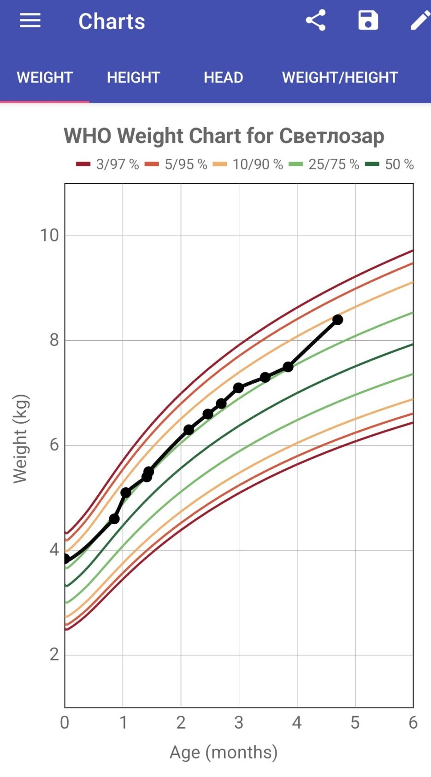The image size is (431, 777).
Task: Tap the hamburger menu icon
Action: [x=30, y=21]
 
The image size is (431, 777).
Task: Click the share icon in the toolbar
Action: [x=316, y=21]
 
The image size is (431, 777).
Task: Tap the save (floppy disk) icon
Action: [x=368, y=21]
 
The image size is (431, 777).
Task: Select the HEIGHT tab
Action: [x=133, y=77]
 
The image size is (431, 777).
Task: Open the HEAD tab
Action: [x=223, y=77]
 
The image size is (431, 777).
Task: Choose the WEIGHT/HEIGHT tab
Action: [x=340, y=77]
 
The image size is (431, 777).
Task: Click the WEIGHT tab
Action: [x=45, y=77]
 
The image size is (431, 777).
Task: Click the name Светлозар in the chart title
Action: [x=331, y=136]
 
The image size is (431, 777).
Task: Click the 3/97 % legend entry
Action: [x=108, y=164]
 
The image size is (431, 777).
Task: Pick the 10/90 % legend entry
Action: [x=248, y=164]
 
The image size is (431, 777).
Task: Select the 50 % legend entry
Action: [x=390, y=164]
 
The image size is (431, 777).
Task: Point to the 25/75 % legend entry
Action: [x=324, y=164]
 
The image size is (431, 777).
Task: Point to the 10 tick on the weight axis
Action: [x=49, y=235]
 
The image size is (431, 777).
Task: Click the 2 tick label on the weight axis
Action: [x=54, y=654]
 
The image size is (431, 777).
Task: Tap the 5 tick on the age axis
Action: [x=355, y=723]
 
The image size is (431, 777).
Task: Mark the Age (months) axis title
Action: [x=224, y=752]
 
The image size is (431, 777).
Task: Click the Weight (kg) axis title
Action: [x=21, y=439]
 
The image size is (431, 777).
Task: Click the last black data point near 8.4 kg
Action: [x=337, y=320]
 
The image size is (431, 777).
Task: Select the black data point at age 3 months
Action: [x=238, y=388]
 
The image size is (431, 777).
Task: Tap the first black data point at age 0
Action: [x=66, y=559]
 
